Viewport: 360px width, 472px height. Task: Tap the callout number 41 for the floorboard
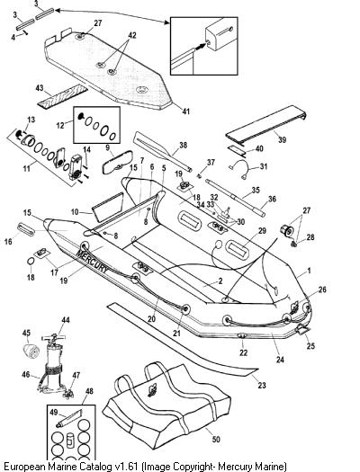[186, 111]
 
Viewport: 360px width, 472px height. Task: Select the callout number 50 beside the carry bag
[216, 440]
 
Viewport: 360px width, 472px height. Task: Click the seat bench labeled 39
[265, 122]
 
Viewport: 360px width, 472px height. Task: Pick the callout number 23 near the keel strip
[262, 385]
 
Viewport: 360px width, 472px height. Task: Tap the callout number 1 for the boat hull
[309, 271]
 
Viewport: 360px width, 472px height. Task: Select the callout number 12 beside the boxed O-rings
[60, 125]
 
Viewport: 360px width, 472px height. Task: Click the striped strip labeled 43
[62, 96]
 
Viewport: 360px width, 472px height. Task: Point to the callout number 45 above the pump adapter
[26, 333]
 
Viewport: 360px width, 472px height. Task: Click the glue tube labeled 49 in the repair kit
[69, 418]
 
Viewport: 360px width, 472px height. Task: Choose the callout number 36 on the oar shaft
[272, 199]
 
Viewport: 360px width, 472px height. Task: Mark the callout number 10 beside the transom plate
[75, 212]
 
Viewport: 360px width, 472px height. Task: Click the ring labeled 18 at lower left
[31, 262]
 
